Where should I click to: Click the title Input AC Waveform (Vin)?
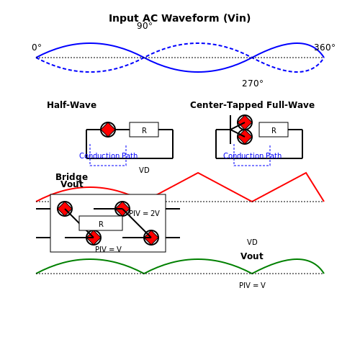[179, 18]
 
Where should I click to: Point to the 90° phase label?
[145, 26]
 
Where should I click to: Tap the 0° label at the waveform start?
[37, 48]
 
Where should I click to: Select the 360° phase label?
[325, 48]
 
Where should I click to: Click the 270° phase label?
[253, 84]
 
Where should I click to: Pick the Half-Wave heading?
[71, 105]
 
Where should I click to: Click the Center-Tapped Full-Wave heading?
[252, 105]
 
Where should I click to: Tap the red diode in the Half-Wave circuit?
[108, 130]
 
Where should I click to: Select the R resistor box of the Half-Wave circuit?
[144, 130]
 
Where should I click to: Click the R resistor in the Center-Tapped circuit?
[274, 130]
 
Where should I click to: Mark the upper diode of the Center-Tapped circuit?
[245, 122]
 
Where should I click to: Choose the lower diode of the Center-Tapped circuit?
[245, 137]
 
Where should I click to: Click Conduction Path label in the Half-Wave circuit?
[108, 156]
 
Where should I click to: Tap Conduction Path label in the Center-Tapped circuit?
[252, 156]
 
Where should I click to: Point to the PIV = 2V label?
[144, 213]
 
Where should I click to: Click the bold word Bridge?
[71, 177]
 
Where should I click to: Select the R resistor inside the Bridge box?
[101, 223]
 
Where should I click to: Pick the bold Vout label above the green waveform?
[252, 256]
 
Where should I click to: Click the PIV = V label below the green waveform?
[252, 285]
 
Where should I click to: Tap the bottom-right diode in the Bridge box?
[151, 238]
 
